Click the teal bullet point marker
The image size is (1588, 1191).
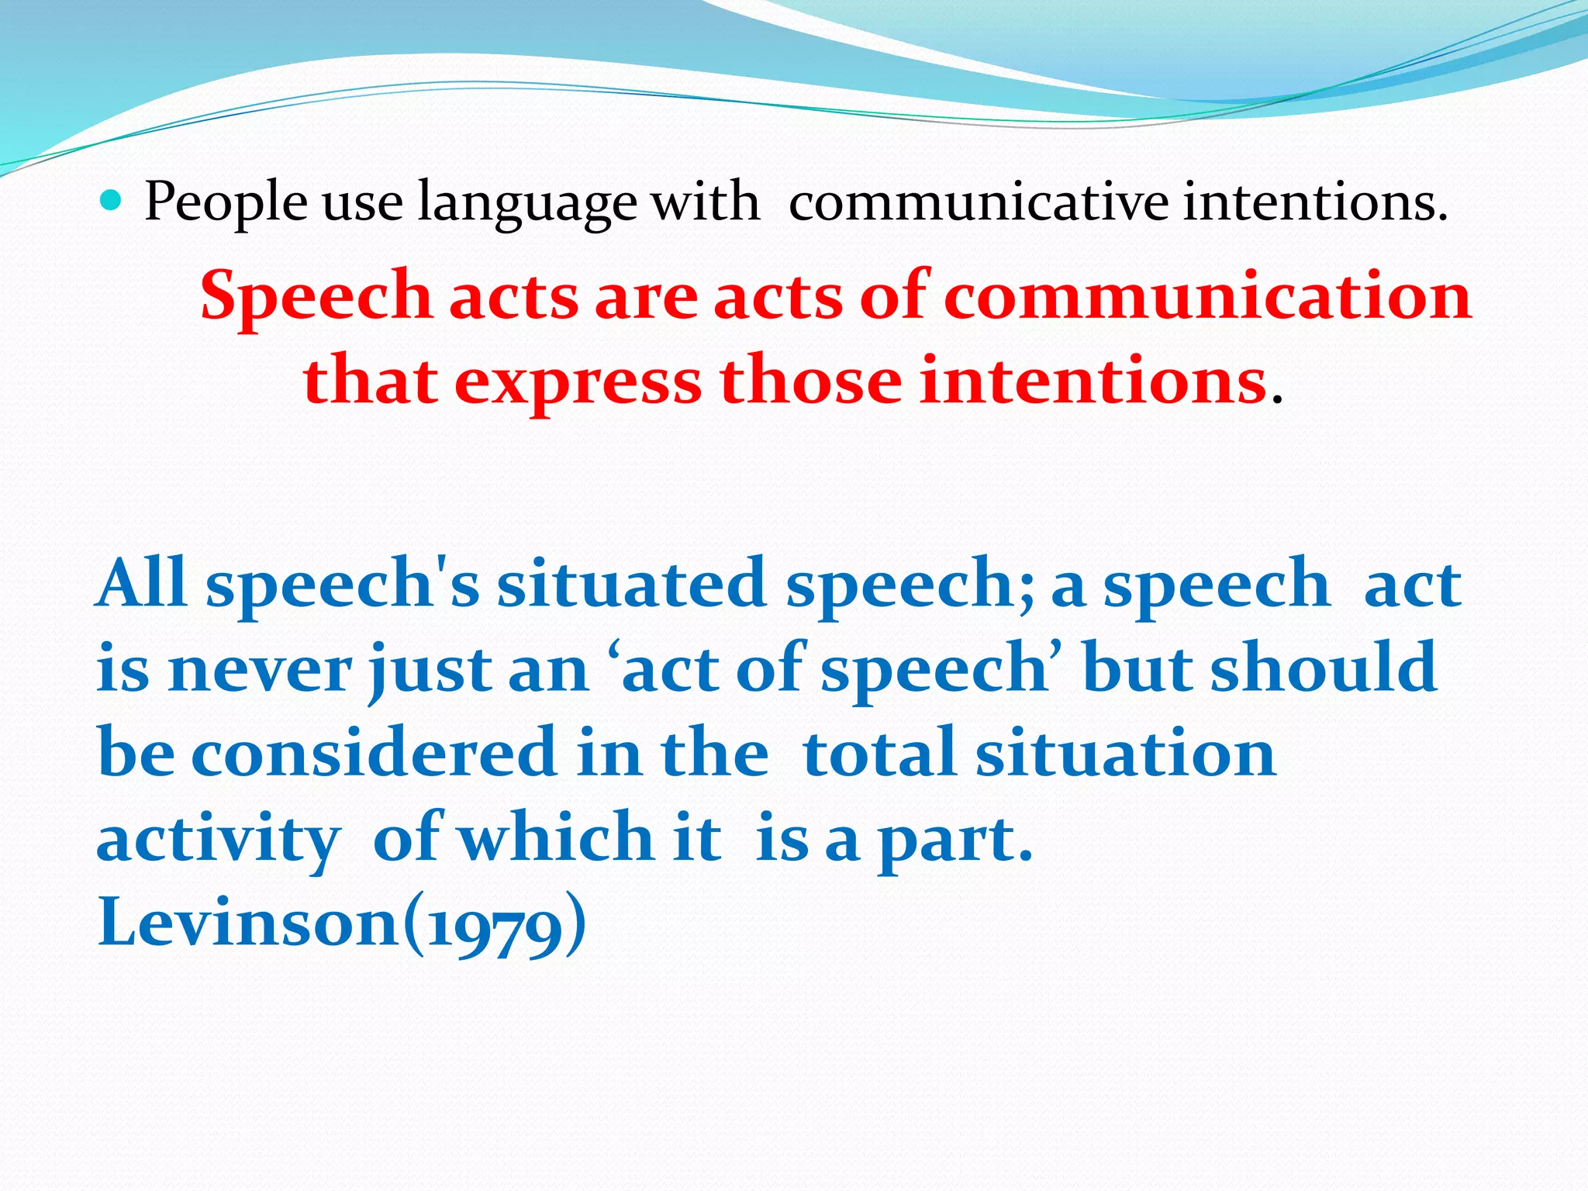[112, 202]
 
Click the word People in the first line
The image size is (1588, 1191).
[226, 203]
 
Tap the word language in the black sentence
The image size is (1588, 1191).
[526, 203]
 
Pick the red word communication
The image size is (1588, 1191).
[1207, 296]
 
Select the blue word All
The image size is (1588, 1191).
[142, 583]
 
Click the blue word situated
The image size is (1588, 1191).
[631, 583]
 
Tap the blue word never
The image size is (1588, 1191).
[260, 668]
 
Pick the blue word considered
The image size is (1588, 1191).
[374, 754]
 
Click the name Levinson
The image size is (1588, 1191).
[247, 923]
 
